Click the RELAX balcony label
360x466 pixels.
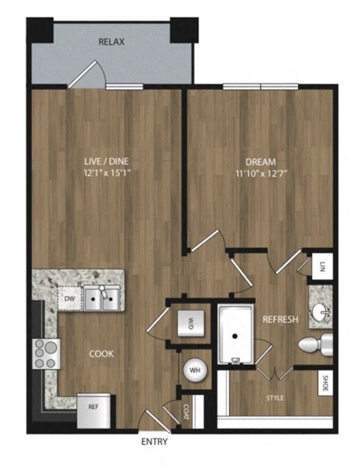pyautogui.click(x=111, y=42)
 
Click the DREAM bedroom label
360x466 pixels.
pyautogui.click(x=261, y=161)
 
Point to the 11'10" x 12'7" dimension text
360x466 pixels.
pyautogui.click(x=261, y=173)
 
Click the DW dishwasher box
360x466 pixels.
pyautogui.click(x=68, y=299)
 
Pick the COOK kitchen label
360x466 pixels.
pyautogui.click(x=101, y=354)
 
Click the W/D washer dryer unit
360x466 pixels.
pyautogui.click(x=190, y=325)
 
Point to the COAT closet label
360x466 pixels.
pyautogui.click(x=186, y=411)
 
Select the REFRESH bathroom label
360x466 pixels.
pyautogui.click(x=280, y=320)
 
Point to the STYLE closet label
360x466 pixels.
pyautogui.click(x=274, y=398)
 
